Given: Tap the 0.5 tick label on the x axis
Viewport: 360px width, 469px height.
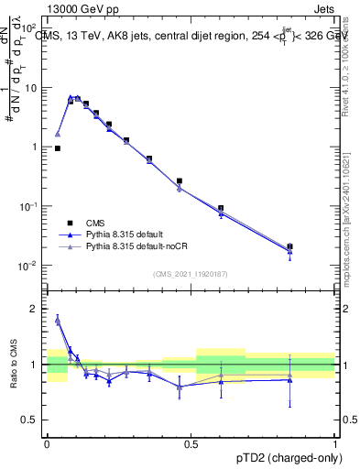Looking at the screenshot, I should (x=191, y=442).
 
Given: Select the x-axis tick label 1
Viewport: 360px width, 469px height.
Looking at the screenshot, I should (x=335, y=442).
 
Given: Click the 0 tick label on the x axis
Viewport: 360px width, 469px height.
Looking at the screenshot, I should (x=47, y=442).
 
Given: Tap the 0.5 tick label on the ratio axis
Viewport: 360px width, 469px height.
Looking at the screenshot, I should (x=32, y=420).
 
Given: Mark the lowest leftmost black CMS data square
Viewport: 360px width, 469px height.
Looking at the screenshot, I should (x=58, y=147).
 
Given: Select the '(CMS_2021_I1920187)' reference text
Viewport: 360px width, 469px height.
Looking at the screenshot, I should (x=191, y=274).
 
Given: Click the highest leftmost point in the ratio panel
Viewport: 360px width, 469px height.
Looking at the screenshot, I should (x=58, y=320).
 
